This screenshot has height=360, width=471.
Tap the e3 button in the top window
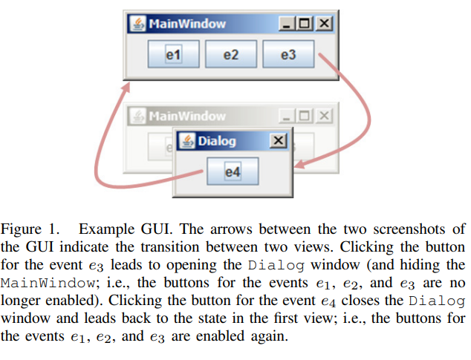(288, 54)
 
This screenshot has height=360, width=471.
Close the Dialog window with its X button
(277, 141)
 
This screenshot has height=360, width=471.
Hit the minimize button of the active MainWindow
(288, 24)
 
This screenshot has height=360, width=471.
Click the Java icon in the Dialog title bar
(186, 141)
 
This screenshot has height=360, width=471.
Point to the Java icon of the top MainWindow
(138, 24)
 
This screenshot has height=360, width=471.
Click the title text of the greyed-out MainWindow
(186, 116)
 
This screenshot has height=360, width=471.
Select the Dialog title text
(216, 141)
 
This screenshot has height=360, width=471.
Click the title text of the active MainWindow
(186, 24)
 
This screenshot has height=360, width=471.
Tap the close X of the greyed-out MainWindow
(324, 116)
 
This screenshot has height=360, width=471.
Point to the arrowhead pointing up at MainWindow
(123, 90)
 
